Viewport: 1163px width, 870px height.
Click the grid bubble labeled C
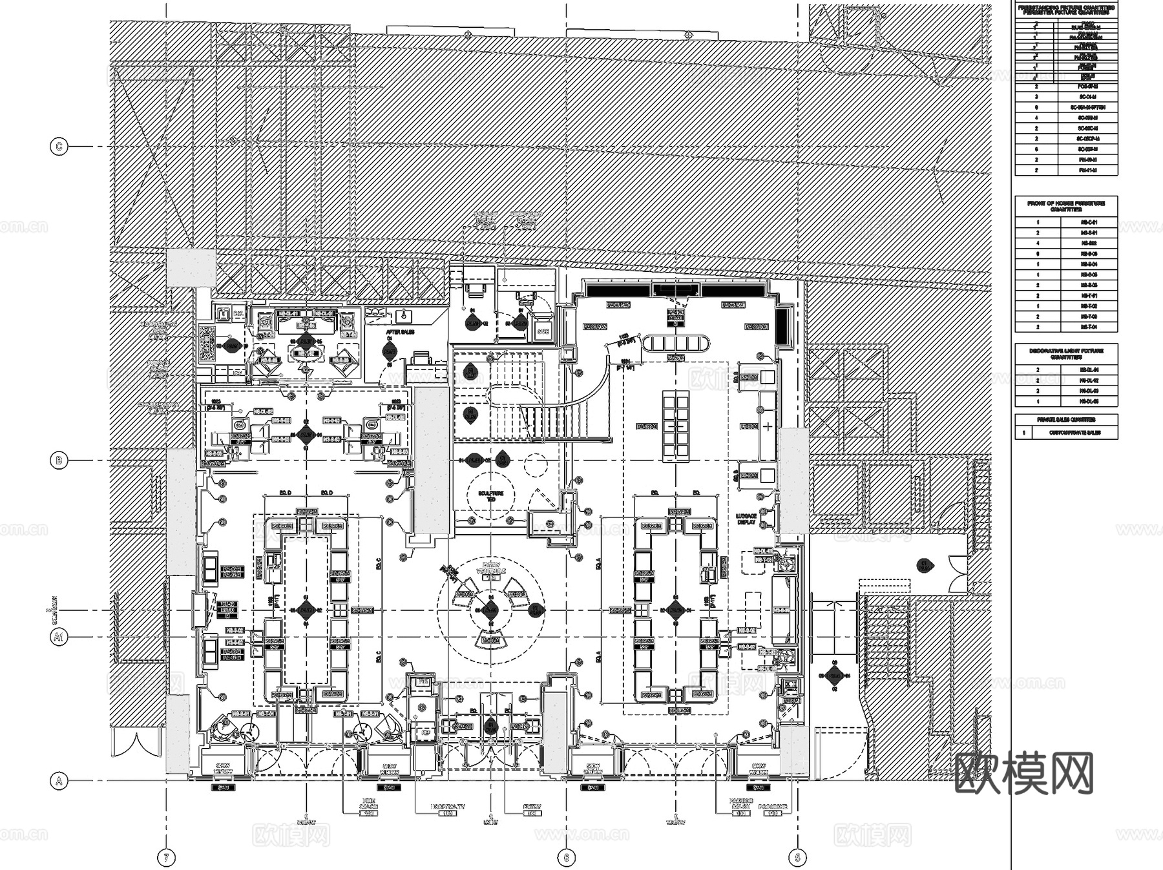coord(59,147)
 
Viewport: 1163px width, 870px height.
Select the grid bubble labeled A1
coord(59,637)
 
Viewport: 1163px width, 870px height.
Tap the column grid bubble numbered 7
coord(166,858)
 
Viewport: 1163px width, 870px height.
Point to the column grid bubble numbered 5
coord(797,858)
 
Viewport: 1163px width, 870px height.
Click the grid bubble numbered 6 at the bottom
coord(567,858)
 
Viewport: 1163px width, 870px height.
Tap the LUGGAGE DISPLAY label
coord(747,519)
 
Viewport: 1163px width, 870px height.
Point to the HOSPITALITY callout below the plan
coord(447,807)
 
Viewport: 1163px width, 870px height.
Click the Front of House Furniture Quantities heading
coord(1066,206)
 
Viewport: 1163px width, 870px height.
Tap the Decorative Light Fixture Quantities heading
coord(1066,353)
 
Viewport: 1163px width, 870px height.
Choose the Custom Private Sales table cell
coord(1074,433)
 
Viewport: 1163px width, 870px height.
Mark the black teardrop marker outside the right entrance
coord(925,566)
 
